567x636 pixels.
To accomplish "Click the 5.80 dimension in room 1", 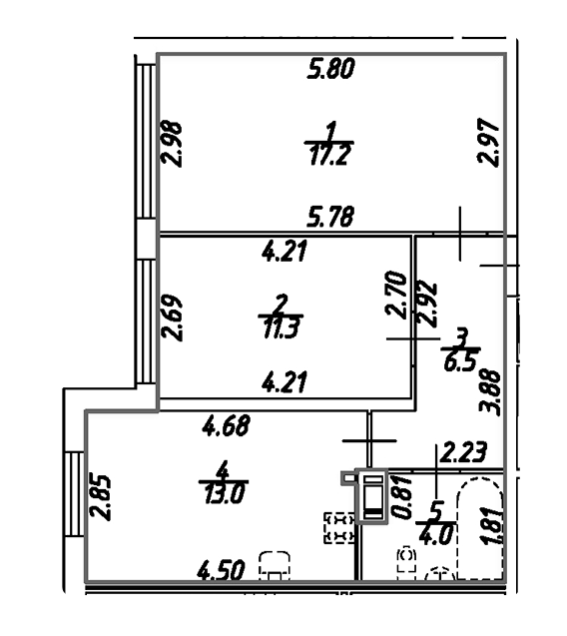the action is pos(331,68).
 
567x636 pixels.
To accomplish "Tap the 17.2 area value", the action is pos(329,156).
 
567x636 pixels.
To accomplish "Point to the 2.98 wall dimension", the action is pos(172,144).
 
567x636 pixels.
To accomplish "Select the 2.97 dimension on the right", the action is pos(488,142).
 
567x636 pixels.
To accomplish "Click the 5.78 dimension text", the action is pos(330,217).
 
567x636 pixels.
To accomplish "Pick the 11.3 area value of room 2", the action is pos(281,327).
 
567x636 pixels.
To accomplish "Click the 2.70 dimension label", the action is pos(396,295).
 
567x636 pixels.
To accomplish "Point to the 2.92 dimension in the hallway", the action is pos(427,304).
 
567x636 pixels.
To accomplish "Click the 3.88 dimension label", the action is pos(490,391).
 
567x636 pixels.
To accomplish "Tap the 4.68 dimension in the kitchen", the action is pos(227,425).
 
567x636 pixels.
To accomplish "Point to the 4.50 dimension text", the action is pos(221,570).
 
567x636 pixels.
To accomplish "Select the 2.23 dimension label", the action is pos(463,452).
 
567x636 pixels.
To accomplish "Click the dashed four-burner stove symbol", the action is pos(339,528).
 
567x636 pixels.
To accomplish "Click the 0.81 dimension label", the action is pos(403,497).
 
